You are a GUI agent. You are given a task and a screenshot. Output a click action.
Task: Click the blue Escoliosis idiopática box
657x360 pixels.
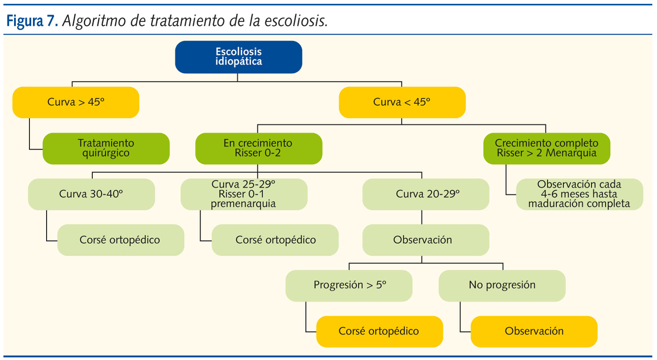click(238, 57)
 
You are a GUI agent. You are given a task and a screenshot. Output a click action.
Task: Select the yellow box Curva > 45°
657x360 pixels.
click(76, 102)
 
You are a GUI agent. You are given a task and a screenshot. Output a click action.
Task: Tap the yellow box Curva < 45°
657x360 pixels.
click(402, 102)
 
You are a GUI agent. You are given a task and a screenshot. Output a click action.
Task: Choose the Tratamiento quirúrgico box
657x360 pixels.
click(106, 148)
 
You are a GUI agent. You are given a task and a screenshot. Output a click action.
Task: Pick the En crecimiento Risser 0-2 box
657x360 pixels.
click(258, 148)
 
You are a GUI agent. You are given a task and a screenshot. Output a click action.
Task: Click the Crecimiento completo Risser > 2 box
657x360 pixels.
click(546, 148)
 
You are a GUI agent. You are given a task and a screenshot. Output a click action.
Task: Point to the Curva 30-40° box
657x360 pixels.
click(91, 194)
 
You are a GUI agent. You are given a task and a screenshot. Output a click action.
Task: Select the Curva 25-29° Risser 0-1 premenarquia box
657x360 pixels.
click(244, 194)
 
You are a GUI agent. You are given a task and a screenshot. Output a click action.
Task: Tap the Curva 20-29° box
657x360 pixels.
click(426, 194)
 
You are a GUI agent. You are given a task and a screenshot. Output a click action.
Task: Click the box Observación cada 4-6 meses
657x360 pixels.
click(579, 194)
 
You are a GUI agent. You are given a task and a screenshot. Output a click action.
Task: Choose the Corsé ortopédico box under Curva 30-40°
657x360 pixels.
click(120, 240)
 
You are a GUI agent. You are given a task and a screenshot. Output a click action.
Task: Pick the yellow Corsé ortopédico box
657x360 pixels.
click(379, 331)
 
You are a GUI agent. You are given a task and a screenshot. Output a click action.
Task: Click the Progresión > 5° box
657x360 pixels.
click(349, 285)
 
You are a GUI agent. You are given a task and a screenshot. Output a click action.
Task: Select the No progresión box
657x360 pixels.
click(502, 285)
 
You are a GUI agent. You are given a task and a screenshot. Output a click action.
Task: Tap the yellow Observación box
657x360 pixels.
click(534, 331)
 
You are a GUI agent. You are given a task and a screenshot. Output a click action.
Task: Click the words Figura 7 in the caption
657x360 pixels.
click(32, 21)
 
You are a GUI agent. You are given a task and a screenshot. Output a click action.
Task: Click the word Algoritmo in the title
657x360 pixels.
click(94, 21)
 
